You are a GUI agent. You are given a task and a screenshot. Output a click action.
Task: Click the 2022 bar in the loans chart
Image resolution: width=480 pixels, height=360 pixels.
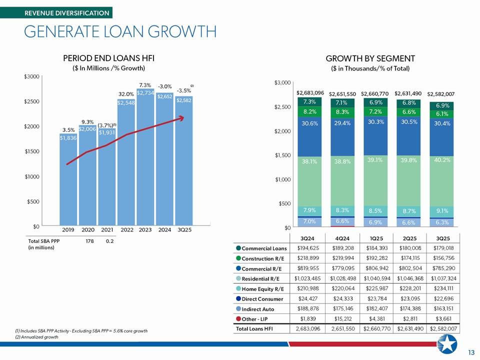coord(125,165)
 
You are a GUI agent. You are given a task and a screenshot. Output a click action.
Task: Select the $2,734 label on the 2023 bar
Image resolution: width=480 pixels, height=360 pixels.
coord(145,93)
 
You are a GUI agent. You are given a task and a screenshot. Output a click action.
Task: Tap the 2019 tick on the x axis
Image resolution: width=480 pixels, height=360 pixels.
coord(68,230)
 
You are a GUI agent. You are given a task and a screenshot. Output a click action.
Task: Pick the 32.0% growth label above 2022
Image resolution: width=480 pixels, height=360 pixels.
coord(125,94)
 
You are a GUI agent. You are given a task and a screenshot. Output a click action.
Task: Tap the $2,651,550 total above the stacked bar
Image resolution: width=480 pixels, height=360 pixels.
coord(342,93)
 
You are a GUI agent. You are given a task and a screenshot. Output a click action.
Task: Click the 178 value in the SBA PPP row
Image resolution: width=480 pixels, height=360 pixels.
coord(90,241)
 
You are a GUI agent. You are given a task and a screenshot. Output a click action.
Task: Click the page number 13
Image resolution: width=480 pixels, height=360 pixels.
coord(470,353)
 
